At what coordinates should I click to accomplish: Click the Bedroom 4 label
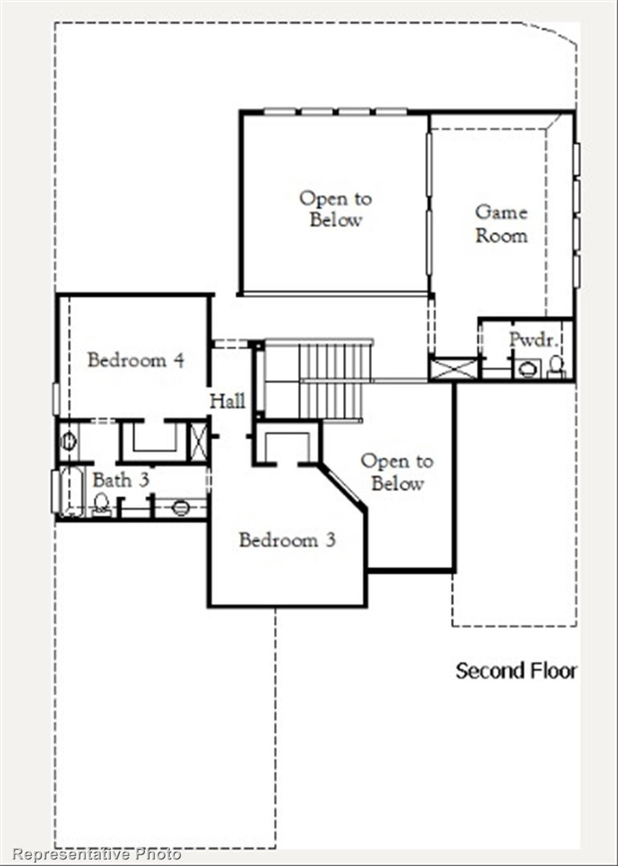135,360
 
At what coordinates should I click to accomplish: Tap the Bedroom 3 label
287,540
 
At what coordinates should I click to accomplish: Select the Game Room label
501,223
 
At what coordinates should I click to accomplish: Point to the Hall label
227,401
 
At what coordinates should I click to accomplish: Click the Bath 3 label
121,480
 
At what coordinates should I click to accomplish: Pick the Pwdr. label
533,339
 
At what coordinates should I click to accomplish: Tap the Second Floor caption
516,671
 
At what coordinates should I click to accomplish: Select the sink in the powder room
528,370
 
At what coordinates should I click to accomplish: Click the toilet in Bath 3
101,503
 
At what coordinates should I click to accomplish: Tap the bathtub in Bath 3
72,491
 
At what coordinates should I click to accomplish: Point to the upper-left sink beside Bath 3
68,440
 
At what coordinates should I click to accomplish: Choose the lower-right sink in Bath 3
180,507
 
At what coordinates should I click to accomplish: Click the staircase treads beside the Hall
333,381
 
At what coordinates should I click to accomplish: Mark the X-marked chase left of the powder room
453,369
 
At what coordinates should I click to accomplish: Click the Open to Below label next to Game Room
335,209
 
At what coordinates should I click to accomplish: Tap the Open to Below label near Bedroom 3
397,472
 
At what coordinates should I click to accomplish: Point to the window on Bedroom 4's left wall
56,399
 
